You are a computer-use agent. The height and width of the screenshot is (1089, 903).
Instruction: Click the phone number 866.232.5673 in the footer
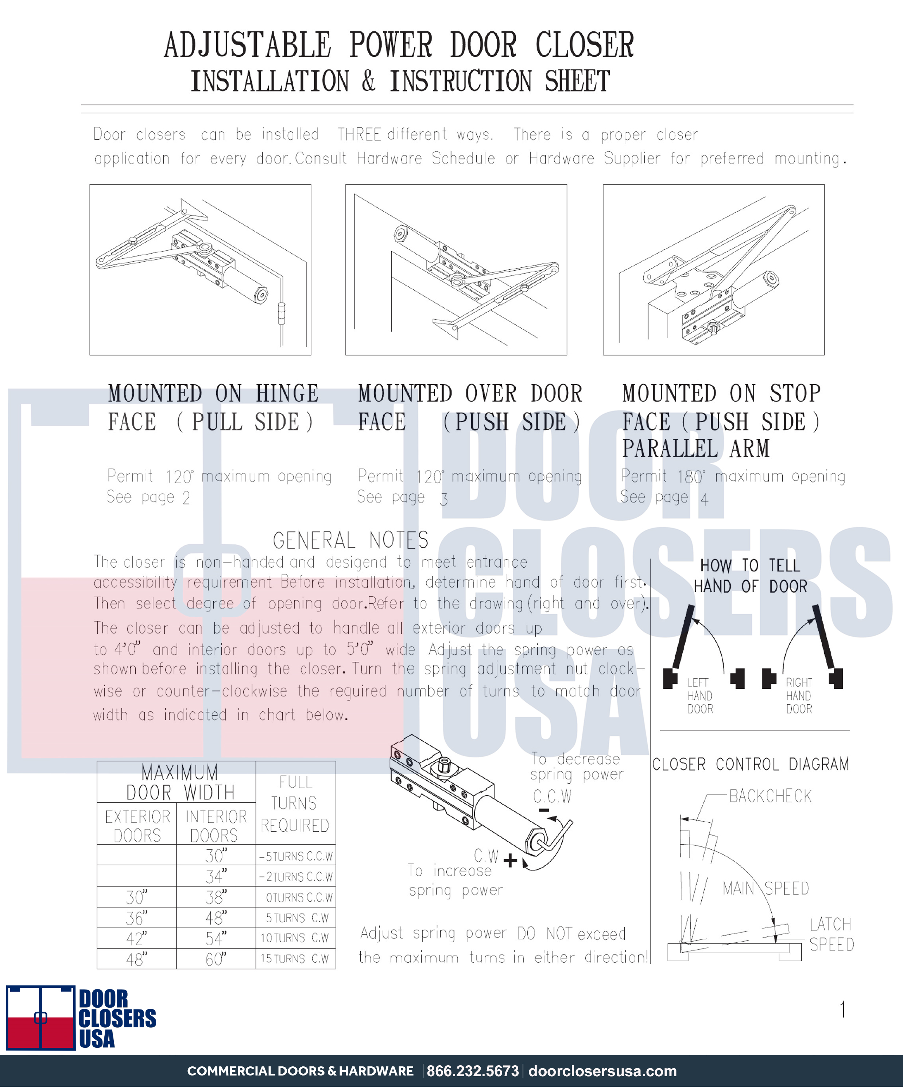472,1071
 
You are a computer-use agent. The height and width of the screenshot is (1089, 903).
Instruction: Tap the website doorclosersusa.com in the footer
602,1071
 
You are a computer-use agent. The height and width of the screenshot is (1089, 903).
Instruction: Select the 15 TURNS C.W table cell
295,958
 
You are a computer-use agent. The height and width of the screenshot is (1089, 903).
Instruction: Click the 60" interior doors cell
216,959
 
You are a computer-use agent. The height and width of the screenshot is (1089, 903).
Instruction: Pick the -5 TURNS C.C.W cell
295,856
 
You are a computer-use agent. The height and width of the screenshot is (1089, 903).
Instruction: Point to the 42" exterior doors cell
136,938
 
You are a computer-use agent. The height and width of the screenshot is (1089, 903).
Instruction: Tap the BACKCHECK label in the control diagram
770,795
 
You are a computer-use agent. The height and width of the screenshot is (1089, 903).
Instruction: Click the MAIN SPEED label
766,888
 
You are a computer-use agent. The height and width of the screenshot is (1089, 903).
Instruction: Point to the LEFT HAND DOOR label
700,695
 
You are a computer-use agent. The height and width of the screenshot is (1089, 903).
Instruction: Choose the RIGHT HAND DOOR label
799,695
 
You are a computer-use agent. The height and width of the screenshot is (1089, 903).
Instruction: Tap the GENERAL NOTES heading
351,540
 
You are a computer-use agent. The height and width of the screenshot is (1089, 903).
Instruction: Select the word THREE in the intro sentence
359,134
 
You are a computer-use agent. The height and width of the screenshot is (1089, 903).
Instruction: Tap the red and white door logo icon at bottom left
40,1017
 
